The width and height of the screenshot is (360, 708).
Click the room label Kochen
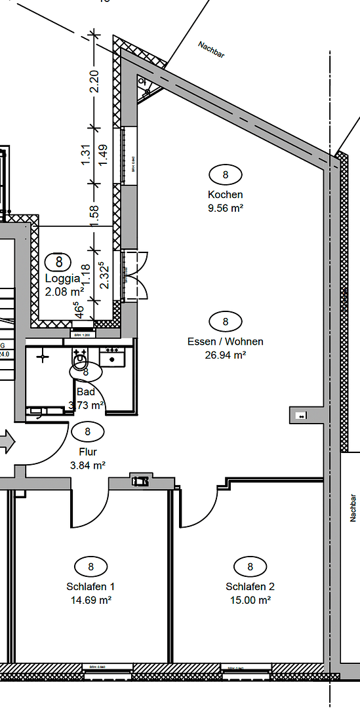coord(225,195)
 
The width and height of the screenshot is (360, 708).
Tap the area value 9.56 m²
coord(225,208)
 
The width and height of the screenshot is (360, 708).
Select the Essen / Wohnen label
coord(225,342)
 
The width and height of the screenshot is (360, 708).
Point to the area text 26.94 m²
coord(225,355)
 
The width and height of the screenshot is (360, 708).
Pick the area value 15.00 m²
coord(250,600)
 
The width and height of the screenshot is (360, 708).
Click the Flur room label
coord(88,452)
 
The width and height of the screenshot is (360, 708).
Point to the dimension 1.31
coord(85,155)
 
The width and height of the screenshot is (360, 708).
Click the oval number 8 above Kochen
coord(225,175)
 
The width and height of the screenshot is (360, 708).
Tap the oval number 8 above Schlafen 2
coord(250,566)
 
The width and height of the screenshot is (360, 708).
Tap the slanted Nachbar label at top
coord(211,50)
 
